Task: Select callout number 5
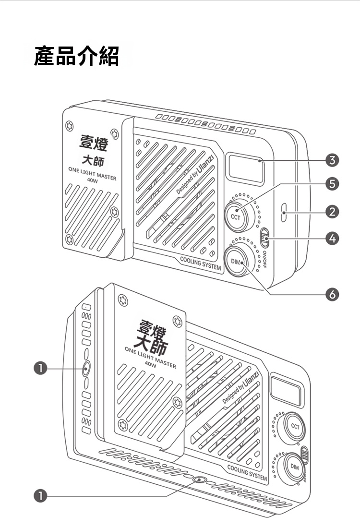(x=332, y=183)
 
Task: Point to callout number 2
(x=332, y=211)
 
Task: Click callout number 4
(x=332, y=237)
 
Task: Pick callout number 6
(x=332, y=294)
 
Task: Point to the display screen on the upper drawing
(x=246, y=168)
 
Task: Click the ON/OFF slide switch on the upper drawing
(x=264, y=238)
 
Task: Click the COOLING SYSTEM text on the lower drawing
(x=247, y=472)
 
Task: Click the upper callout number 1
(x=42, y=368)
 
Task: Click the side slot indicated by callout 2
(x=285, y=212)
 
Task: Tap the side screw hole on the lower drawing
(x=86, y=369)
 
